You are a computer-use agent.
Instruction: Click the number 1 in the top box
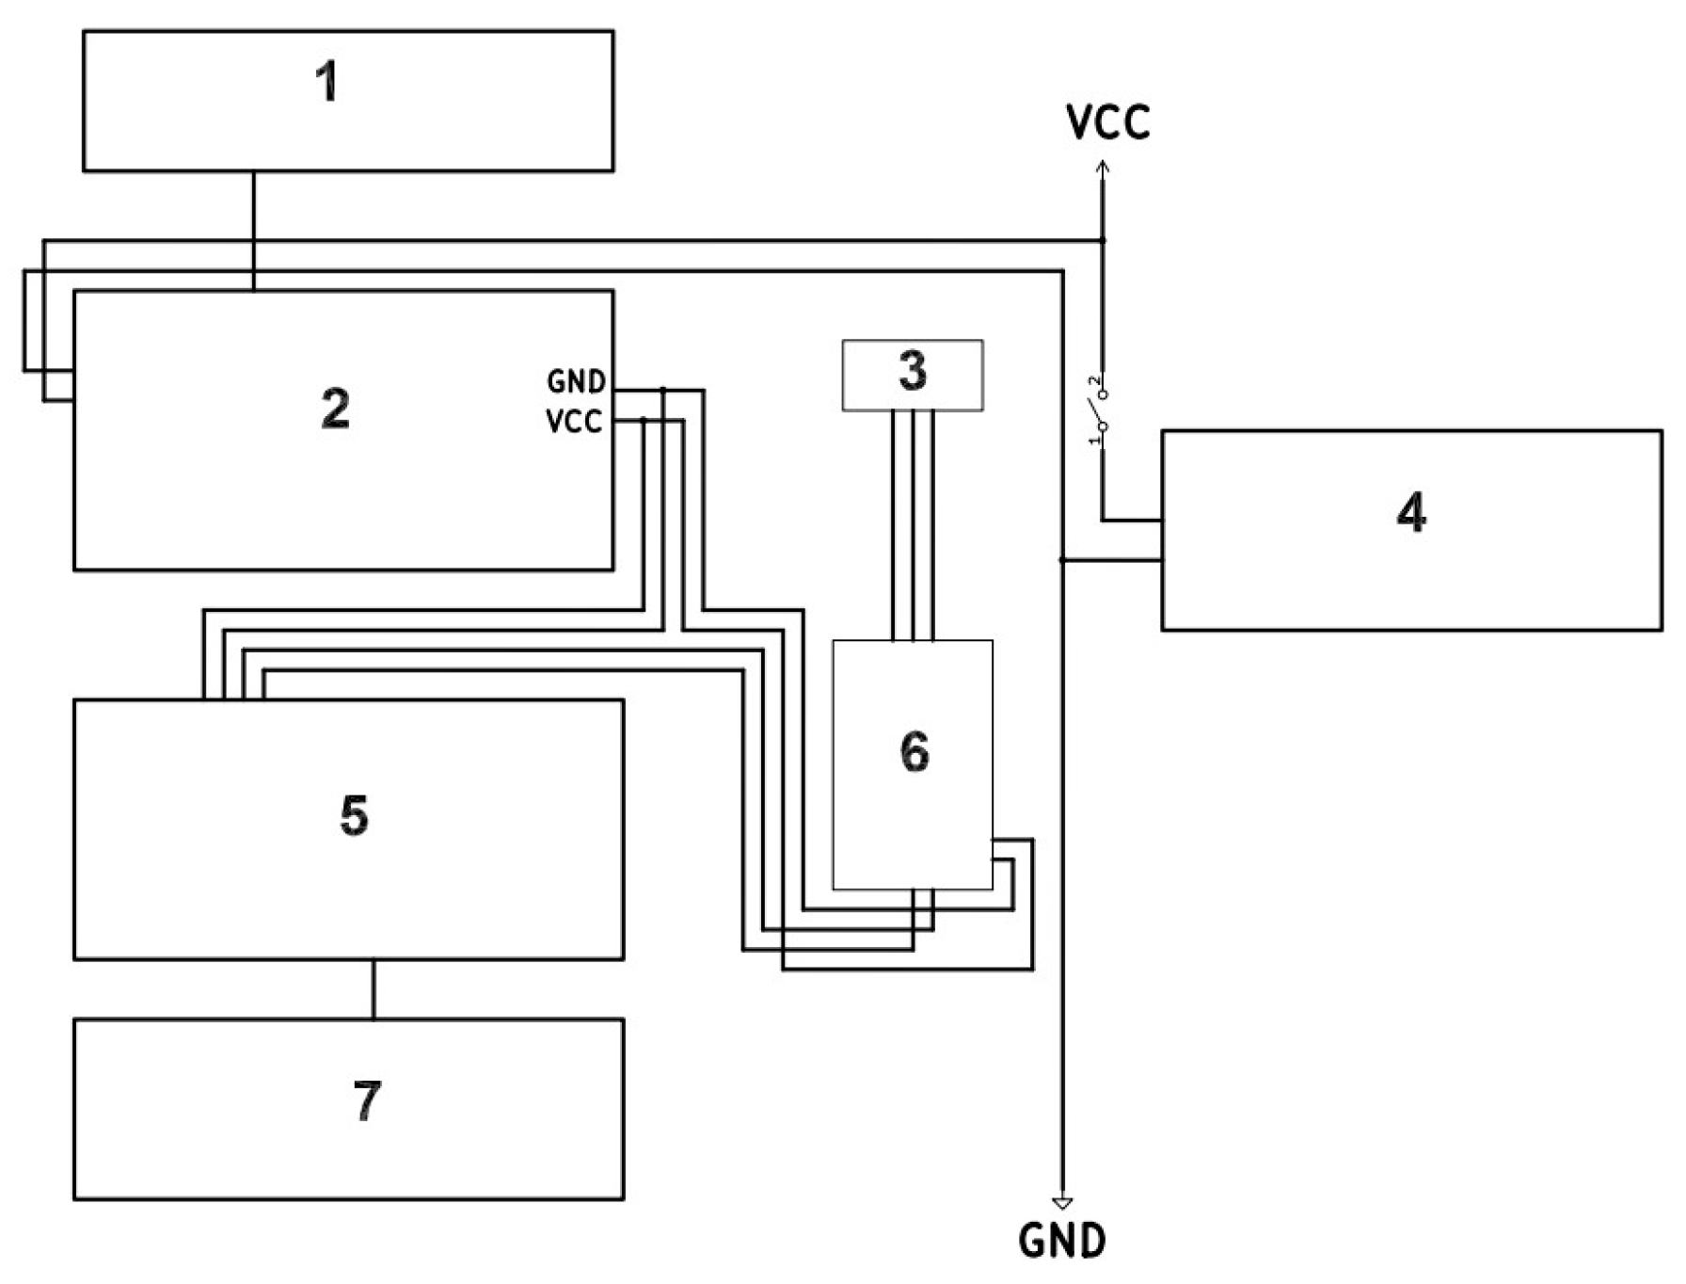pos(326,82)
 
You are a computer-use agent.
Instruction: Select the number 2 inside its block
pos(335,409)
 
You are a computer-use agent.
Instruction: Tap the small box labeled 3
pos(912,374)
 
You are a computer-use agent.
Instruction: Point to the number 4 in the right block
pos(1410,514)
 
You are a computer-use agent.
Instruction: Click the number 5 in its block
pos(354,815)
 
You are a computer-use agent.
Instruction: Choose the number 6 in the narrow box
pos(914,752)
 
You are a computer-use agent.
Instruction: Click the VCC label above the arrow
pos(1107,123)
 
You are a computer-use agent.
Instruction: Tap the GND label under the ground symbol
pos(1061,1242)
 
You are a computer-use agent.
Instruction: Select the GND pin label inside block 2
pos(576,382)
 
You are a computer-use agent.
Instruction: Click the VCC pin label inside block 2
pos(573,421)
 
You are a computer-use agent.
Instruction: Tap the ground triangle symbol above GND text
pos(1062,1203)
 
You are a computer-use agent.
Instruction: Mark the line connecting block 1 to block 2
pos(253,231)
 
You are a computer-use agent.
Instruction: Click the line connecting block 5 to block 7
pos(374,989)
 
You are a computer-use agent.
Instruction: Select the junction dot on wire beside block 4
pos(1062,560)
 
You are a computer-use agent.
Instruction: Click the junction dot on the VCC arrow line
pos(1103,241)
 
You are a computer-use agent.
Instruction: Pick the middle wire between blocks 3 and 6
pos(913,527)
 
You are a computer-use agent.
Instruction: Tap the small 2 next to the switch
pos(1093,381)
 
